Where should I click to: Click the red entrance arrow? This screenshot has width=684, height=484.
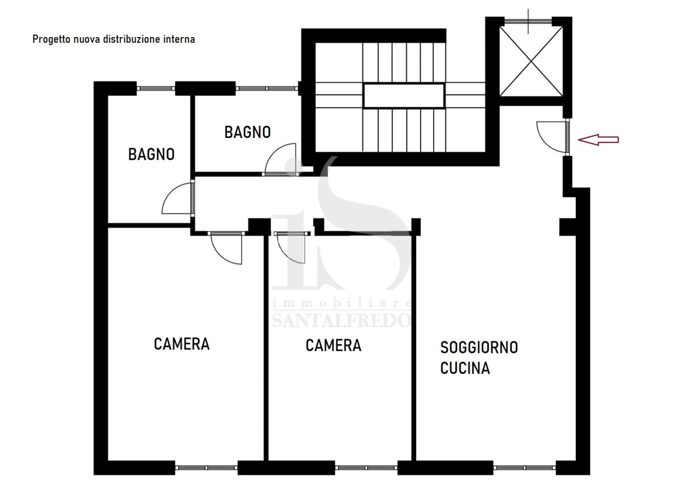(598, 140)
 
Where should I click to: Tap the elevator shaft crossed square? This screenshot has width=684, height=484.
(531, 61)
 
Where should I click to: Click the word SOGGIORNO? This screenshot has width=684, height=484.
(479, 348)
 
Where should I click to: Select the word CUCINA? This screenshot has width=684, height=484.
(465, 368)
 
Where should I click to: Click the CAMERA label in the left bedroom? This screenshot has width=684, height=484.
(182, 344)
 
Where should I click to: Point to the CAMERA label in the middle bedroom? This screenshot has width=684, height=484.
(333, 345)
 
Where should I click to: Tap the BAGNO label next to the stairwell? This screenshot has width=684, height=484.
(247, 132)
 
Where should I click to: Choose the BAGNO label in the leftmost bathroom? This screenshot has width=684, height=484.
(151, 154)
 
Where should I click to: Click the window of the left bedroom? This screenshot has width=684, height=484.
(206, 467)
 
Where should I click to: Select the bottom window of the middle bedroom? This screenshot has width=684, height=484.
(366, 467)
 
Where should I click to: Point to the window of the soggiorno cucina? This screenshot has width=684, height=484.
(524, 467)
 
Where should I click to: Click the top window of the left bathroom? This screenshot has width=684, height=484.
(156, 88)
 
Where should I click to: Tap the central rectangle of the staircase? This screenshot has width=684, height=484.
(404, 96)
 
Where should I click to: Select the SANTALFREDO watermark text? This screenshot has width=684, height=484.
(341, 320)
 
